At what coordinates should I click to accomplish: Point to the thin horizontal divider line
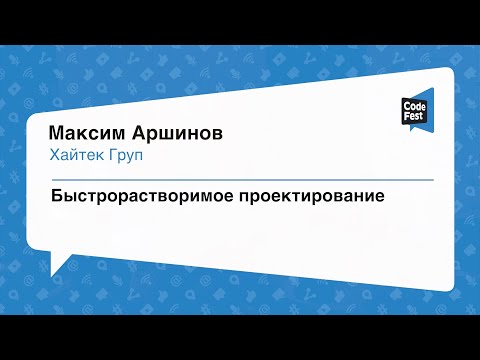(240, 178)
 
